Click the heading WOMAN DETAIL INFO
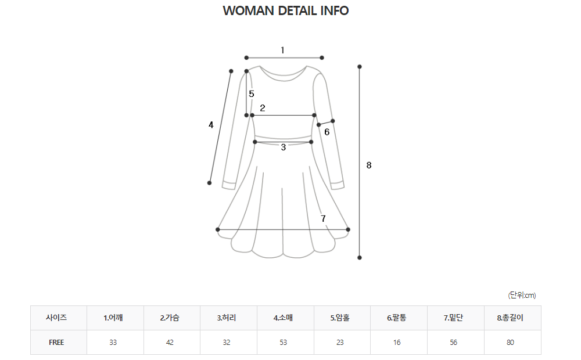click(285, 11)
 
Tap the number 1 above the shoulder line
click(282, 50)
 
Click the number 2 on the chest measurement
click(263, 107)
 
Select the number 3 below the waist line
click(284, 147)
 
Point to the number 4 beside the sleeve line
click(211, 125)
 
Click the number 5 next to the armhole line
click(252, 93)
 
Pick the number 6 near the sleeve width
click(327, 132)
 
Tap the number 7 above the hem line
click(324, 218)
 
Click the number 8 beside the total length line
click(369, 165)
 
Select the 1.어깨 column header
click(113, 318)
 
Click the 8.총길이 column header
click(510, 318)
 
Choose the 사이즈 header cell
click(56, 318)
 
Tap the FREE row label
click(56, 343)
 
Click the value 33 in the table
click(113, 343)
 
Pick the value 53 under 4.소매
click(283, 343)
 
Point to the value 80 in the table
click(510, 343)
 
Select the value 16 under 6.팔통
click(397, 343)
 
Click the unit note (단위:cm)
click(522, 295)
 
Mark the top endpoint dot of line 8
click(360, 66)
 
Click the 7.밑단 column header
click(453, 318)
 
